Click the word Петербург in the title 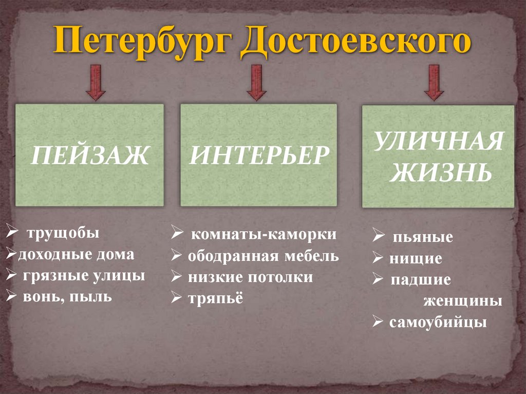coord(142,42)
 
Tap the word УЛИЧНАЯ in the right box coord(438,142)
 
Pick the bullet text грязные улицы coord(84,276)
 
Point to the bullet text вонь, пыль coord(67,297)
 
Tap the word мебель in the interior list coord(314,256)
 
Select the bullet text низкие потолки coord(250,277)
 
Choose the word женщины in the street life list coord(463,301)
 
